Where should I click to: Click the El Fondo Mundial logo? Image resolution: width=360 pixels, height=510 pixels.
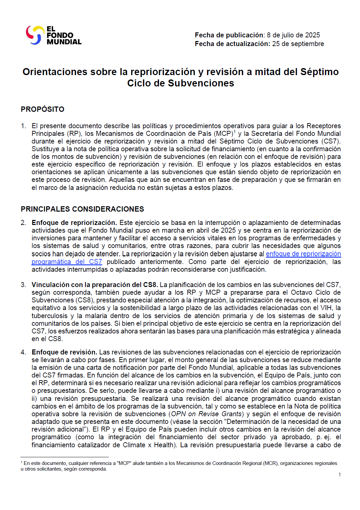click(53, 35)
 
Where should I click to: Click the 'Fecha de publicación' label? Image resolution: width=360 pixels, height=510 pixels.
click(229, 35)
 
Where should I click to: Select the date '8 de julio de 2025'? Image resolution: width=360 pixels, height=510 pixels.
click(293, 35)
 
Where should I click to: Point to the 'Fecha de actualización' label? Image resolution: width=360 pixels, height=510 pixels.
click(232, 44)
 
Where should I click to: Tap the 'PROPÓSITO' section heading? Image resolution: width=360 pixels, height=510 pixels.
click(42, 109)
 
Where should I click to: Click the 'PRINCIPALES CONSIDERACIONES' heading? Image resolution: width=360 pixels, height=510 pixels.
click(82, 209)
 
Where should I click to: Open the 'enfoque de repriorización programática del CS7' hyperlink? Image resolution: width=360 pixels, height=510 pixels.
click(303, 254)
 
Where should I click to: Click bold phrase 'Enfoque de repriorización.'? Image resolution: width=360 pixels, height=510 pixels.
click(74, 223)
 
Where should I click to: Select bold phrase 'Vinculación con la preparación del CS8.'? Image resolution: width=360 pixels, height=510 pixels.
click(95, 285)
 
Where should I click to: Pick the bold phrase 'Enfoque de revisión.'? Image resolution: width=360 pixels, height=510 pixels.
click(64, 352)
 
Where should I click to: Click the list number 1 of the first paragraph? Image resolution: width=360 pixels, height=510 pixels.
click(23, 126)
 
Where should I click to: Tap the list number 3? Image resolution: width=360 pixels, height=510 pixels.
click(23, 285)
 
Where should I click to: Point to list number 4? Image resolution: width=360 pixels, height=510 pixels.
click(23, 352)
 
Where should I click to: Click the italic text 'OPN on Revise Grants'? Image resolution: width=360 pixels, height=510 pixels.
click(206, 414)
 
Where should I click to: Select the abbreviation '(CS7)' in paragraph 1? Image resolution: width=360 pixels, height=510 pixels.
click(330, 141)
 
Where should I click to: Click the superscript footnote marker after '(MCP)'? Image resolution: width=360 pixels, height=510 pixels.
click(234, 132)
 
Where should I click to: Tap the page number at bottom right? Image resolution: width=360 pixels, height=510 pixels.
click(339, 474)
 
